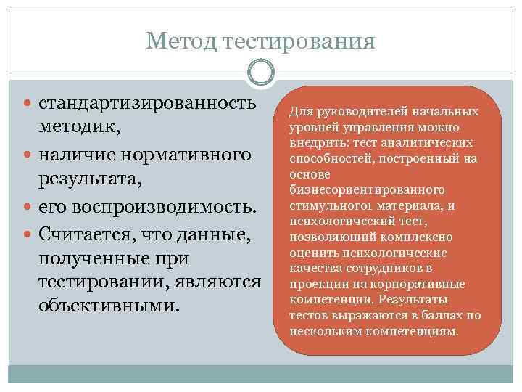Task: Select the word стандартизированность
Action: (148, 102)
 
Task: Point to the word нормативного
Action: (184, 155)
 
